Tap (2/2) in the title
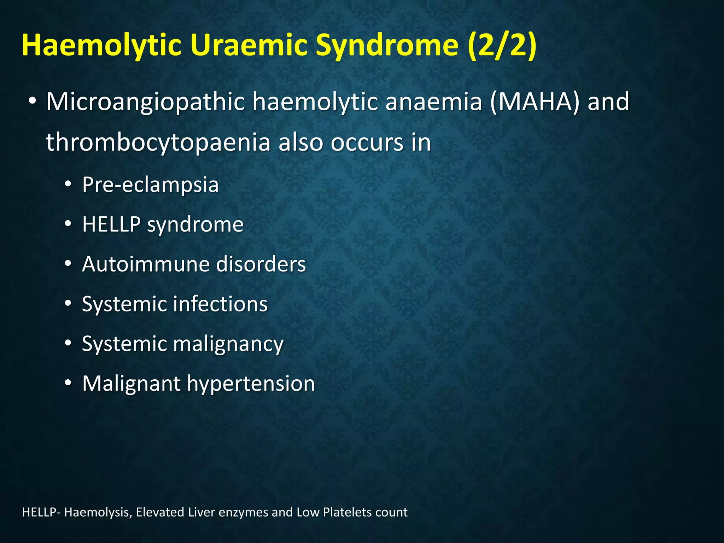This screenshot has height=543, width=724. tap(502, 46)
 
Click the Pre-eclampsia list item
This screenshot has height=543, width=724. tap(150, 185)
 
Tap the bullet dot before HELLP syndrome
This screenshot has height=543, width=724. tap(68, 224)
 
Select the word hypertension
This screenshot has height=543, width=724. tap(251, 384)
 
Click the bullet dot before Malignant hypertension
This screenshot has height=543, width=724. tap(68, 383)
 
